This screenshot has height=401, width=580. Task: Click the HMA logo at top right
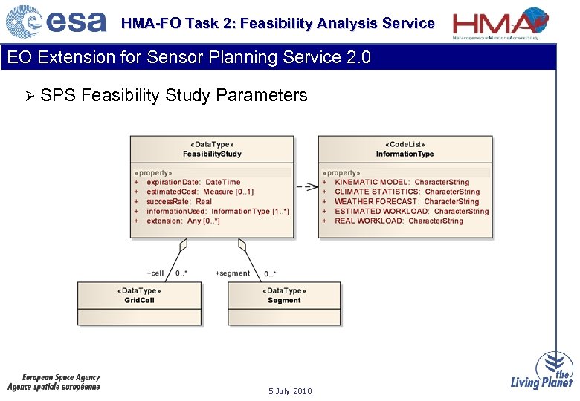pos(501,23)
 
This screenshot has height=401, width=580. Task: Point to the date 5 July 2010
pos(290,391)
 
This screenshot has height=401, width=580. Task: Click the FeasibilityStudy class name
pos(212,154)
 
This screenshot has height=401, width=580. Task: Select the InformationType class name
pos(405,154)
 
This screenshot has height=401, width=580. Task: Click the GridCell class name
pos(139,300)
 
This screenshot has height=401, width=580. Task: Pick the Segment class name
pos(284,300)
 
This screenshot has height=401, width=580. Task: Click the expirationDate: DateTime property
pos(193,182)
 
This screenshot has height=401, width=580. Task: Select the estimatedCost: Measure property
pos(199,192)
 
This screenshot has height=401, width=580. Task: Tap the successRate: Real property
pos(178,201)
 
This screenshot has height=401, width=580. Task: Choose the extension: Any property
pos(183,221)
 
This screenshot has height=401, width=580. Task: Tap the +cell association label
pos(155,273)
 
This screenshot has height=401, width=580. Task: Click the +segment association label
pos(232,273)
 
